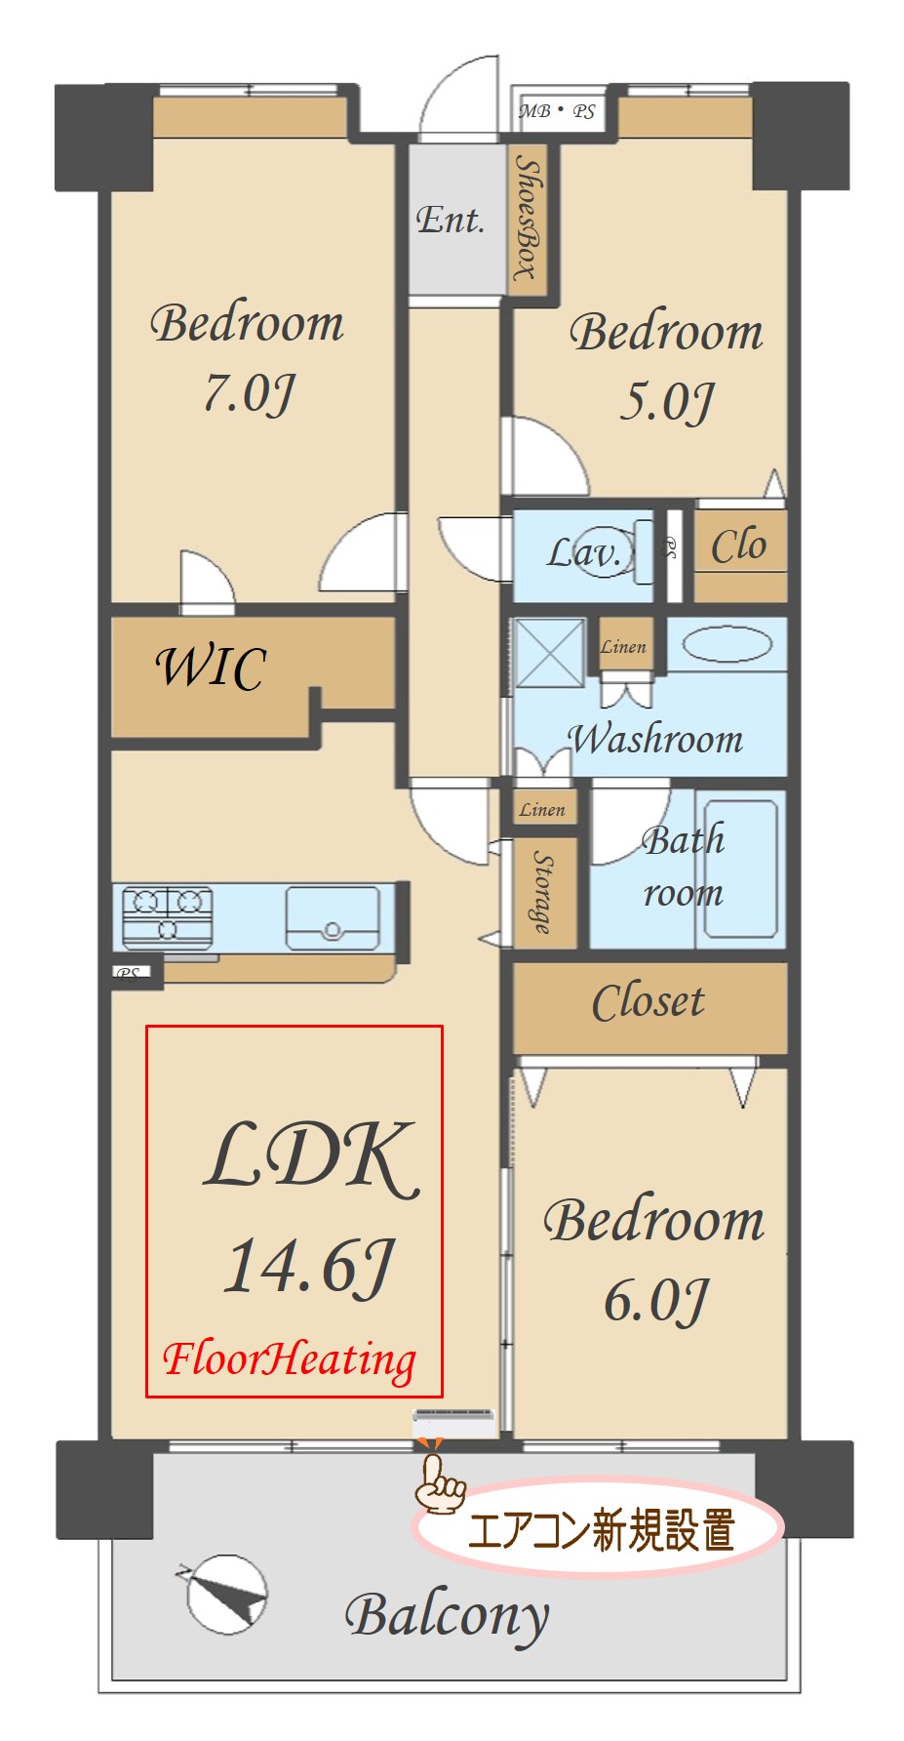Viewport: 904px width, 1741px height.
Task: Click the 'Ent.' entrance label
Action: pyautogui.click(x=450, y=220)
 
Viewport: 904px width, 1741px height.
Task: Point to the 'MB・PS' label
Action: pyautogui.click(x=557, y=111)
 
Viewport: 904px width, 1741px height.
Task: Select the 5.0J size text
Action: pyautogui.click(x=667, y=402)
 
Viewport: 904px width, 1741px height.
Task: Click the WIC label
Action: pyautogui.click(x=211, y=668)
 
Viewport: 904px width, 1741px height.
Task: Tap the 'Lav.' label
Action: pyautogui.click(x=583, y=553)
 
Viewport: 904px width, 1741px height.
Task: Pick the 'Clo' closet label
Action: pyautogui.click(x=738, y=546)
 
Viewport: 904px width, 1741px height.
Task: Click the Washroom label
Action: pyautogui.click(x=655, y=739)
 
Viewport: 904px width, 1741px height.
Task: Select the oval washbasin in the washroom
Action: pyautogui.click(x=727, y=644)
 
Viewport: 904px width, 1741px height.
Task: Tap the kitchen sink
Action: pyautogui.click(x=333, y=917)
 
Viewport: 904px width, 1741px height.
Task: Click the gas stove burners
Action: pyautogui.click(x=168, y=915)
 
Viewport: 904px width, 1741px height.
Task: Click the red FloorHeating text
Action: pyautogui.click(x=289, y=1359)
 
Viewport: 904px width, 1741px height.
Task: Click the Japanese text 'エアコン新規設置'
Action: pyautogui.click(x=602, y=1529)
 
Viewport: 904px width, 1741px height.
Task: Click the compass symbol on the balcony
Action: pyautogui.click(x=225, y=1594)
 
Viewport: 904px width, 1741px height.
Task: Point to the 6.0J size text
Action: pyautogui.click(x=655, y=1300)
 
